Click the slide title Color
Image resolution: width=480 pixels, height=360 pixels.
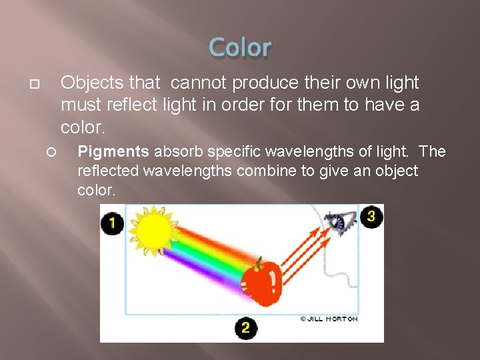[x=240, y=48]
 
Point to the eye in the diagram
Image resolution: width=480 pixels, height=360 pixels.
[x=339, y=223]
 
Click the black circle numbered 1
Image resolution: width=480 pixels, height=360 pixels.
[x=112, y=223]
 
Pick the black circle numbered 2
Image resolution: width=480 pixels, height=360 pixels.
[x=245, y=327]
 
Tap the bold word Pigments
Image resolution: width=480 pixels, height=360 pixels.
[x=113, y=152]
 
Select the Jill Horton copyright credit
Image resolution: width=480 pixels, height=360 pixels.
[x=329, y=319]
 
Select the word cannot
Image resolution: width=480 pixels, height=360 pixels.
[x=196, y=83]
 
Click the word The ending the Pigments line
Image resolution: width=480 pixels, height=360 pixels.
[x=432, y=152]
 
